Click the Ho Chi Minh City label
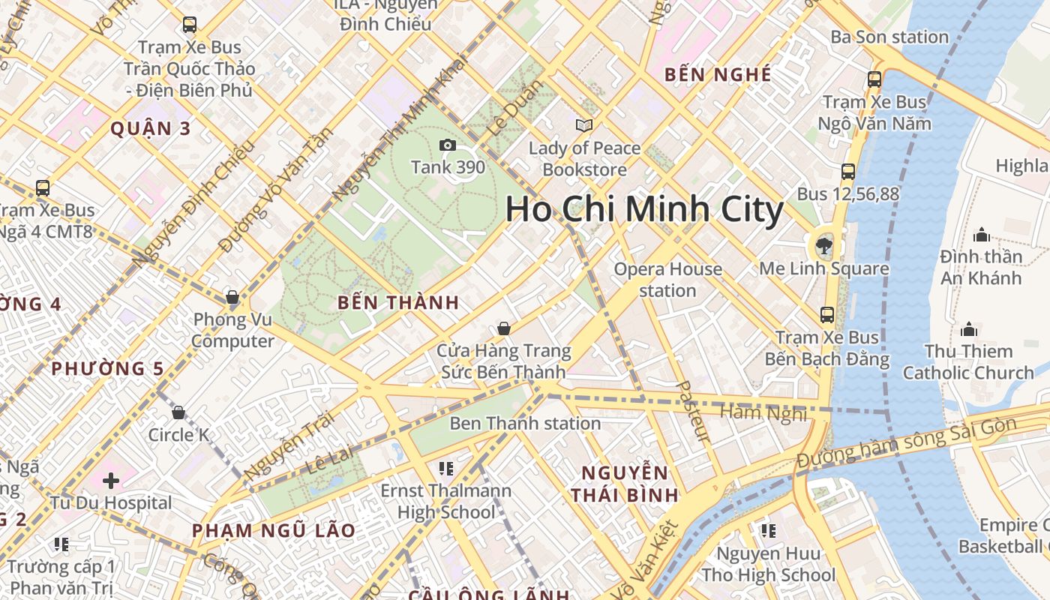[644, 209]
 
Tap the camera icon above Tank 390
[448, 145]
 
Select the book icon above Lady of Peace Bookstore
[583, 125]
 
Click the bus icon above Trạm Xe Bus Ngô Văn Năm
[874, 79]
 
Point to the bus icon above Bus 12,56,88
[848, 172]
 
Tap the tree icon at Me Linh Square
[824, 245]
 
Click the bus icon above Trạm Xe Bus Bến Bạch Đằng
[827, 315]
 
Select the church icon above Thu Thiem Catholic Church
[969, 329]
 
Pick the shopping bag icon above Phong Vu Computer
[232, 298]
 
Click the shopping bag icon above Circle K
[178, 412]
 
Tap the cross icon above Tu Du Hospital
[111, 480]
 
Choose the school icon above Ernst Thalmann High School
[446, 469]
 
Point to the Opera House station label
[668, 280]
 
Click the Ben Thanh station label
[525, 424]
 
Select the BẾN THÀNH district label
[397, 303]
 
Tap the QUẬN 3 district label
[151, 129]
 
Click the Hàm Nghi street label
[763, 412]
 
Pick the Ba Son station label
[889, 37]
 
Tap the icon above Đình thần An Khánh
[981, 235]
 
